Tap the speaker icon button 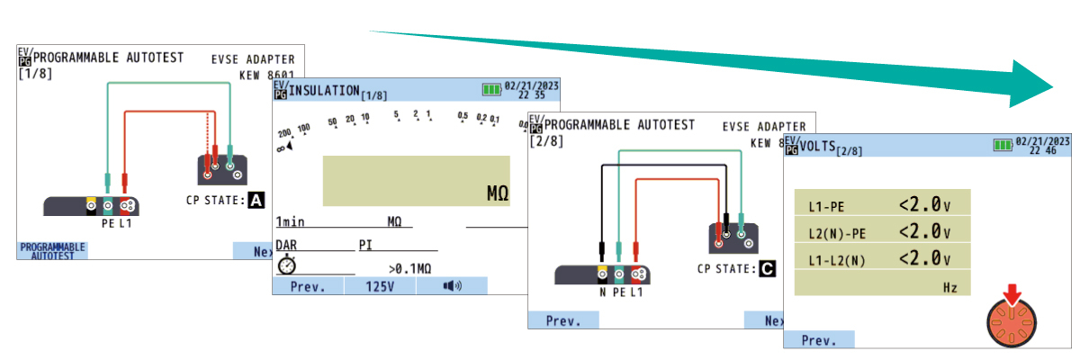tap(452, 286)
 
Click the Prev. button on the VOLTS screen tap(819, 340)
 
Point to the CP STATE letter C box tap(767, 268)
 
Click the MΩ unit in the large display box tap(498, 193)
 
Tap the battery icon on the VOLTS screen tap(1002, 144)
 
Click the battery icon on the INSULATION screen tap(491, 89)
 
